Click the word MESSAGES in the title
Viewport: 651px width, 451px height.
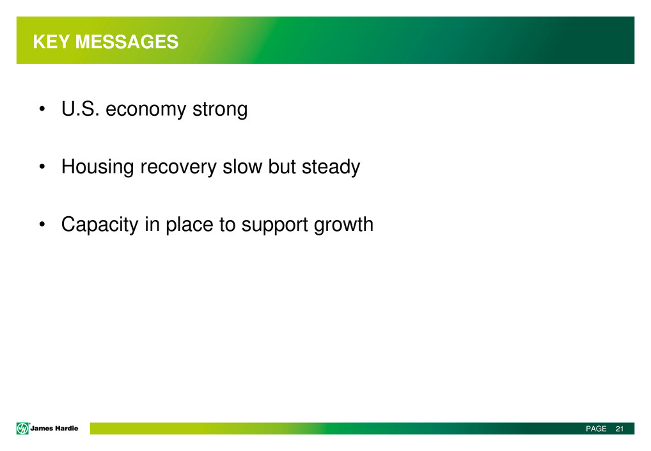click(x=127, y=42)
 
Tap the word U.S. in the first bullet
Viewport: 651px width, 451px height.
click(x=81, y=109)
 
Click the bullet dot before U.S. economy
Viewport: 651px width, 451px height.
click(x=42, y=110)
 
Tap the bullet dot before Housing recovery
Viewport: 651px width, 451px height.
click(x=42, y=168)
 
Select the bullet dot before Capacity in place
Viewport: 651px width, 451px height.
click(x=42, y=225)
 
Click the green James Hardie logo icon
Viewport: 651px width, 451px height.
click(x=22, y=428)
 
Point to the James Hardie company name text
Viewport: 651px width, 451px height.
click(x=54, y=428)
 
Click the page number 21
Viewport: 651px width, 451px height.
click(x=620, y=429)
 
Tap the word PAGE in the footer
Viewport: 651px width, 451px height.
click(x=596, y=429)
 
